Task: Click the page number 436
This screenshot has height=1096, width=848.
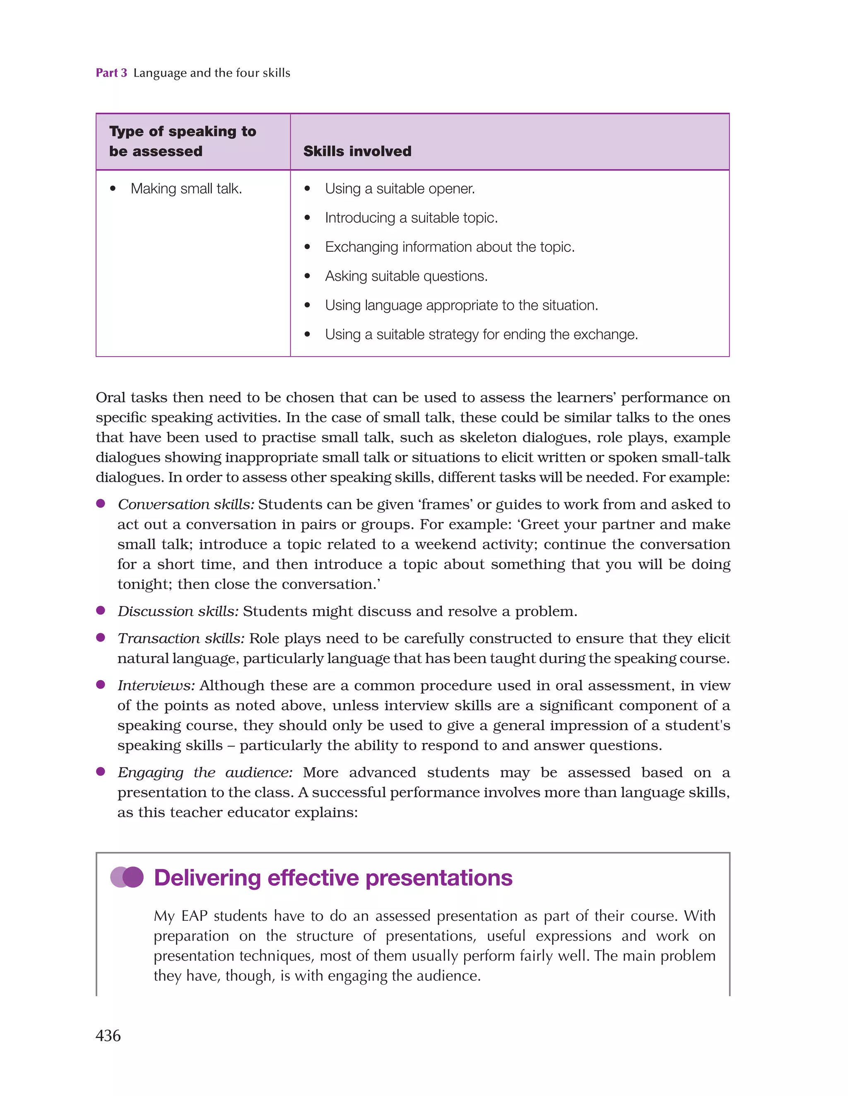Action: pos(108,1035)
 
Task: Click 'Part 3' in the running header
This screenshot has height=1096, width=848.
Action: pos(111,73)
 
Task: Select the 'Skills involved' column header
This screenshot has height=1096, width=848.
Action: pos(357,151)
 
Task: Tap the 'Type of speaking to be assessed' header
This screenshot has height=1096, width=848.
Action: pos(183,141)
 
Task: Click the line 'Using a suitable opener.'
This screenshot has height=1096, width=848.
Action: pos(400,189)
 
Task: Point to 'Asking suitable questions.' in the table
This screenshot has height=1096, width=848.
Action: pos(406,276)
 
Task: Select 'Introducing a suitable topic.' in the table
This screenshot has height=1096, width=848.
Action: pos(411,218)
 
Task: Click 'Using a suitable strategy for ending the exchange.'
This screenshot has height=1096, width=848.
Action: pos(481,334)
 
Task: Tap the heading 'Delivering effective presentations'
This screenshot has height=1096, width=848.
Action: pos(332,878)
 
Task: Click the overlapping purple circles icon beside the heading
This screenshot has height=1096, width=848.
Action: pos(127,877)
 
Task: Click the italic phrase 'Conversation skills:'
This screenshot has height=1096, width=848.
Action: pos(185,505)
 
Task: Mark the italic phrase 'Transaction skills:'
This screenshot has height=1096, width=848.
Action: pos(181,638)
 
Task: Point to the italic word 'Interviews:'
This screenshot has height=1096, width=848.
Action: pos(156,686)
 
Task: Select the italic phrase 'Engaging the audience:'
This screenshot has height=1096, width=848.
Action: pos(205,773)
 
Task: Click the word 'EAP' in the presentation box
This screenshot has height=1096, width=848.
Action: pos(194,916)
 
